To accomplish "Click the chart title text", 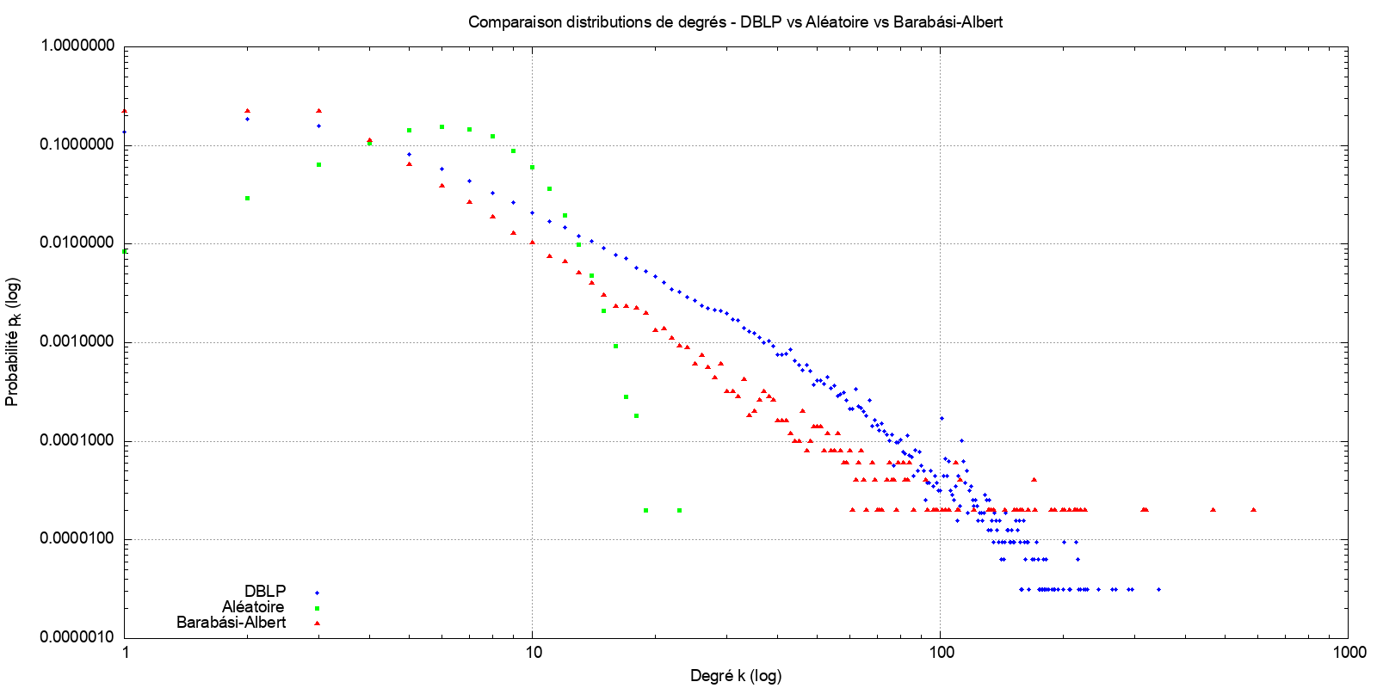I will click(735, 22).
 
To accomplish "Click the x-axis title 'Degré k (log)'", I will click(736, 676).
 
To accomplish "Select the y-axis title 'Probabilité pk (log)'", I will click(12, 342).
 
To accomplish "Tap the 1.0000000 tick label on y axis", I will click(77, 46).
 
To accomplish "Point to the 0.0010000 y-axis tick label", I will click(77, 342).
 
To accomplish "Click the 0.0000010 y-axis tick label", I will click(77, 637).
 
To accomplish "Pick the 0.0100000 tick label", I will click(77, 243).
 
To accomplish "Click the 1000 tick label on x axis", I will click(1349, 653).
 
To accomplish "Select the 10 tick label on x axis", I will click(533, 653).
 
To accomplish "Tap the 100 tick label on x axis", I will click(941, 653).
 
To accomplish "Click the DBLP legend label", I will click(265, 592).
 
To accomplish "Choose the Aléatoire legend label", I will click(253, 607).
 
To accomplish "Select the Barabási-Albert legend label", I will click(231, 623).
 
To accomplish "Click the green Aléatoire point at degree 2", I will click(248, 199).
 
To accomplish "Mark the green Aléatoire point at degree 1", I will click(126, 251).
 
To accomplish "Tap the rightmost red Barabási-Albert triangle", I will click(1253, 510).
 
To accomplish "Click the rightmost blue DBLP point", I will click(1158, 589).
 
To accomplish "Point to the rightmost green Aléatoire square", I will click(679, 510).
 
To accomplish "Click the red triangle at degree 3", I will click(318, 111).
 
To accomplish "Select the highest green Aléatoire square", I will click(442, 126).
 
